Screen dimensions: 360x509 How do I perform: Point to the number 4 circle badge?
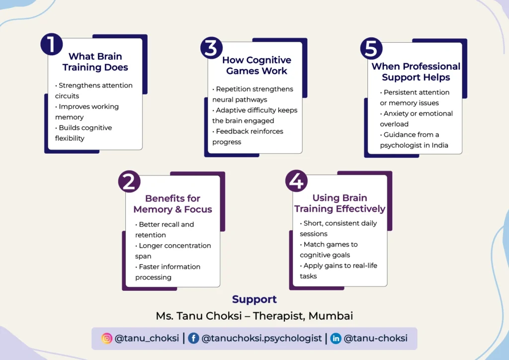click(x=296, y=181)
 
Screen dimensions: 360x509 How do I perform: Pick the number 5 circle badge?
click(x=371, y=48)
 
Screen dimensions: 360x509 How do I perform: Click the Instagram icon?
click(x=107, y=338)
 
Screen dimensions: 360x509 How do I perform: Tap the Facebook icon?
click(x=193, y=338)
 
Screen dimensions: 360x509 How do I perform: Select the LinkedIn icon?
click(x=336, y=338)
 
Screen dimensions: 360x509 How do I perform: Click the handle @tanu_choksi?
click(x=147, y=338)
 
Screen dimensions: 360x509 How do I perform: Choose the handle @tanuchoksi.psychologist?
click(x=261, y=338)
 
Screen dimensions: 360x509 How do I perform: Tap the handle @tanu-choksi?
click(x=376, y=338)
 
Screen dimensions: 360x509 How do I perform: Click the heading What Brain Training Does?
click(x=95, y=62)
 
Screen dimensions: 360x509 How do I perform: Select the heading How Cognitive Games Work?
click(x=256, y=66)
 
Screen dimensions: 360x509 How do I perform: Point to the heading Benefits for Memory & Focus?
click(x=173, y=204)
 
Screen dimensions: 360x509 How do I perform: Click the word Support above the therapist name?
click(x=254, y=299)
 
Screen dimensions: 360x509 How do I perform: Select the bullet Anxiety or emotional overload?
click(x=416, y=119)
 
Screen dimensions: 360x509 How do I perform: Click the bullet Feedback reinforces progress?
click(x=249, y=137)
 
